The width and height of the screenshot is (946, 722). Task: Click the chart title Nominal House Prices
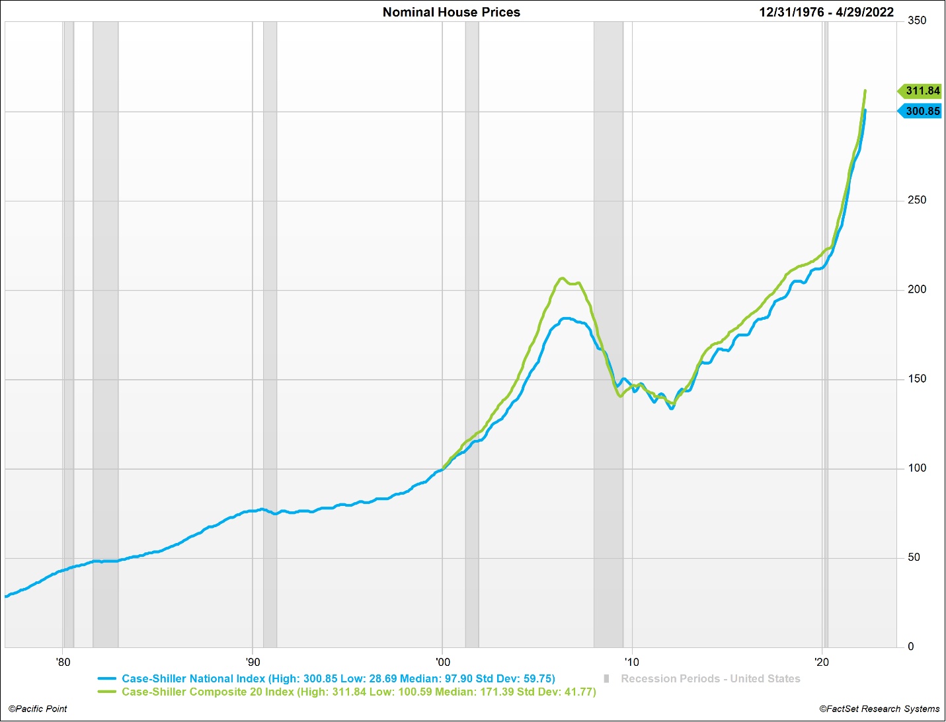pos(451,12)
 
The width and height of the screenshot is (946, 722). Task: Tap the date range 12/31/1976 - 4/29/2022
pos(826,12)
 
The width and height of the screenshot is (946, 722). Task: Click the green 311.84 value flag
pos(921,91)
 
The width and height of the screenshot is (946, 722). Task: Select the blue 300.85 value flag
pos(921,111)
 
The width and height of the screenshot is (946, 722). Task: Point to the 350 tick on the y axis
pos(917,20)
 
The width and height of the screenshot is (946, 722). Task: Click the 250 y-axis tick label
pos(917,200)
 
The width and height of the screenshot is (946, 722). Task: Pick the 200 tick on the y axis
pos(917,289)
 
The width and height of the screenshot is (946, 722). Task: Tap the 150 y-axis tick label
pos(917,379)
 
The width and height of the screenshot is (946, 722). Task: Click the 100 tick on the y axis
pos(917,468)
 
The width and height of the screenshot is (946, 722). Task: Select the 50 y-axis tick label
pos(914,558)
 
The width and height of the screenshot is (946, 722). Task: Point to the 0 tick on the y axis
pos(911,647)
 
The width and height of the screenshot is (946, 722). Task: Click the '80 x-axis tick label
pos(63,662)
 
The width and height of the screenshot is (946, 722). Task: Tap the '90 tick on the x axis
pos(253,662)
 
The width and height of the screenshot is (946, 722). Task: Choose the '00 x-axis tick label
pos(442,662)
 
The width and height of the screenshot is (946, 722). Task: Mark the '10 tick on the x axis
pos(632,662)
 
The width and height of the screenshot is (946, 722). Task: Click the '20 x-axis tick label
pos(822,662)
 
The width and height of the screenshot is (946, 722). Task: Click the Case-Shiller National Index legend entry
pos(338,678)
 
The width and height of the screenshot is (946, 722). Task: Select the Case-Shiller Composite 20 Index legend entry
pos(358,692)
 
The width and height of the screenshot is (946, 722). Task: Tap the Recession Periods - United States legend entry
pos(710,678)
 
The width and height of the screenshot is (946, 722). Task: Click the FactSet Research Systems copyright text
pos(879,709)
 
